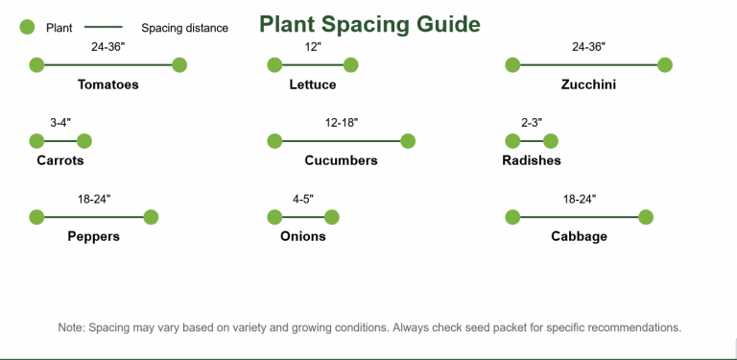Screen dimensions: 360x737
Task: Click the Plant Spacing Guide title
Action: click(369, 23)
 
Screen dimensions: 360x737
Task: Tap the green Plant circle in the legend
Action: click(27, 28)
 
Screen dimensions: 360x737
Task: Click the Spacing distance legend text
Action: click(184, 28)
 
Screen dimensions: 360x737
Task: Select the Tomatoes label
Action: click(107, 84)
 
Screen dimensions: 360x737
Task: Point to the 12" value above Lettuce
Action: click(313, 46)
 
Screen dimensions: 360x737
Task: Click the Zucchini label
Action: click(588, 84)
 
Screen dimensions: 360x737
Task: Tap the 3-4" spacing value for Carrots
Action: click(60, 122)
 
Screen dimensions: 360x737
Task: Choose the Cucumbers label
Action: click(341, 160)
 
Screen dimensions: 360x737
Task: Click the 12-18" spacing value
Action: click(342, 122)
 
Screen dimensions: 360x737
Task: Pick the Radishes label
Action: click(532, 160)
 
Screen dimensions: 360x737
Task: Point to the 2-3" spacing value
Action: click(532, 122)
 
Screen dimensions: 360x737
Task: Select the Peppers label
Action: click(93, 236)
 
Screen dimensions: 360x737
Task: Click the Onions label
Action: click(303, 236)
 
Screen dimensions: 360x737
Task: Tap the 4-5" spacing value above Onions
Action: click(303, 199)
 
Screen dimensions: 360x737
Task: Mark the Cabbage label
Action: click(579, 236)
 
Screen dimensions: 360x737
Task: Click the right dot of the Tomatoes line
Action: click(178, 65)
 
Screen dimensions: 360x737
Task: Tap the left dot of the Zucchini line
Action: click(512, 65)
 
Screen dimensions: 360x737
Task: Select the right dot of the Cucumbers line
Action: click(408, 141)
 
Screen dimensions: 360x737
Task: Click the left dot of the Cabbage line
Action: click(512, 217)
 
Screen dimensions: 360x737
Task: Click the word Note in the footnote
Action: click(70, 327)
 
